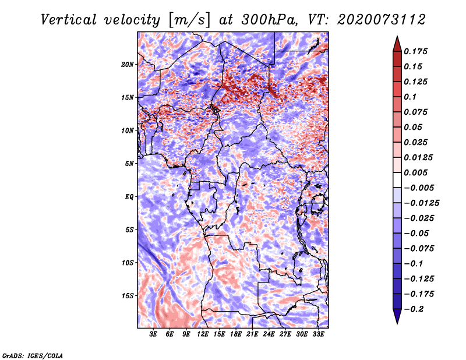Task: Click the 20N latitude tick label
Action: pos(128,65)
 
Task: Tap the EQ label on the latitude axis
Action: pos(129,197)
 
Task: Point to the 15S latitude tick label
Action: pos(128,296)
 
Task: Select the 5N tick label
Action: pos(129,164)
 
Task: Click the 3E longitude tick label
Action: pos(153,334)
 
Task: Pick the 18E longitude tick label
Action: pos(236,334)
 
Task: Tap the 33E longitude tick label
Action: pos(318,334)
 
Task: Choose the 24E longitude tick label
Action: pos(269,334)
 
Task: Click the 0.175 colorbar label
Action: pos(415,51)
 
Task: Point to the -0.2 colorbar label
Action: pos(414,309)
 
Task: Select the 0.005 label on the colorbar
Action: pos(415,172)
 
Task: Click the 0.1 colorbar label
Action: pos(410,97)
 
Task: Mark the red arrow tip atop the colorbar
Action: pos(397,36)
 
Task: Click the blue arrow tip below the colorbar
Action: pos(397,323)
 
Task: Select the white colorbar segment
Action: pos(397,180)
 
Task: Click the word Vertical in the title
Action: pos(69,20)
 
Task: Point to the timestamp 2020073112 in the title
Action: pos(382,20)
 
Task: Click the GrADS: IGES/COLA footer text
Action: pos(33,355)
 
